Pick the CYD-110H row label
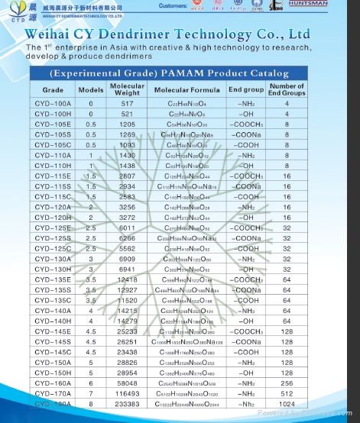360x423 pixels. (51, 165)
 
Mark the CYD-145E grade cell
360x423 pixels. (51, 332)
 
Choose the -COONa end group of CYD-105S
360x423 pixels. (246, 134)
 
